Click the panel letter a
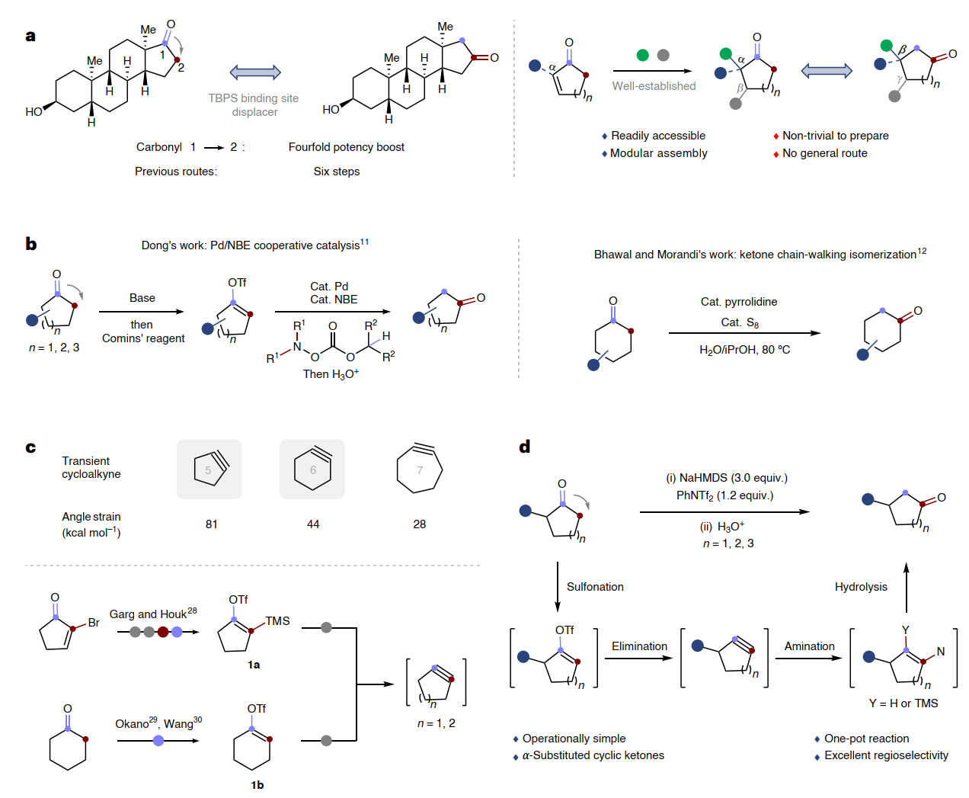30,36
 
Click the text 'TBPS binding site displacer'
254,105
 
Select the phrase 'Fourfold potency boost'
346,147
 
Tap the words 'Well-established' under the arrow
654,86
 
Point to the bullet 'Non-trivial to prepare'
835,136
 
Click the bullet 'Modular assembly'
658,153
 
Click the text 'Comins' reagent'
143,338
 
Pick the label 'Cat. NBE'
334,300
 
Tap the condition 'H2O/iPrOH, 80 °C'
744,350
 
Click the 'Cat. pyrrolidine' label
739,302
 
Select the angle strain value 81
212,524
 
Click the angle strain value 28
420,524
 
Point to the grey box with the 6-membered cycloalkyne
312,470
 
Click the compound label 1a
254,665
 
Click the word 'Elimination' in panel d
639,646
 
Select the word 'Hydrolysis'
861,587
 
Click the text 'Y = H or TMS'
903,703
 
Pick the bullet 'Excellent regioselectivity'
886,755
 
